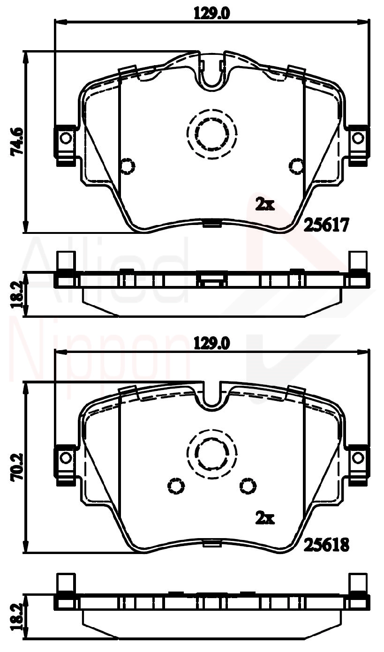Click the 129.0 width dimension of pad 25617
pyautogui.click(x=211, y=14)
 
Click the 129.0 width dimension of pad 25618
pyautogui.click(x=211, y=344)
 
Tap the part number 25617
pyautogui.click(x=327, y=225)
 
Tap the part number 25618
pyautogui.click(x=327, y=545)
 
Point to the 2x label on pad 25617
pyautogui.click(x=264, y=204)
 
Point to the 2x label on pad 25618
pyautogui.click(x=264, y=517)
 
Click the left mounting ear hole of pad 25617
pyautogui.click(x=66, y=138)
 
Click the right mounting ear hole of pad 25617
pyautogui.click(x=358, y=138)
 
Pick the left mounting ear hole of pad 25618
pyautogui.click(x=66, y=457)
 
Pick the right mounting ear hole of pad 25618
pyautogui.click(x=358, y=457)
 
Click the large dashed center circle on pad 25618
pyautogui.click(x=211, y=454)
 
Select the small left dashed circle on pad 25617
pyautogui.click(x=128, y=165)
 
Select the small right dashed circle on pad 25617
pyautogui.click(x=296, y=165)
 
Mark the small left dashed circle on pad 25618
pyautogui.click(x=176, y=486)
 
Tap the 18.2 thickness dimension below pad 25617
pyautogui.click(x=17, y=294)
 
